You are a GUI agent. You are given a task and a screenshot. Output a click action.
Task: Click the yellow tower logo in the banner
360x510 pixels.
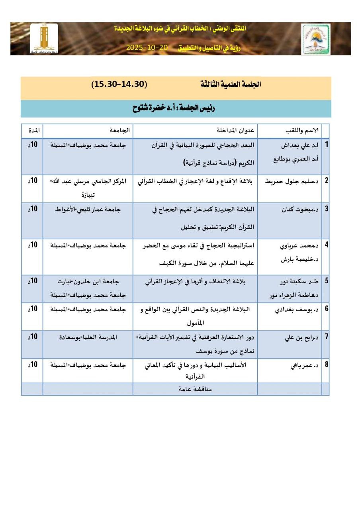point(44,39)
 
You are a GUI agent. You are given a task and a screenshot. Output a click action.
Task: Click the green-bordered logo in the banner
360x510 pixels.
point(315,39)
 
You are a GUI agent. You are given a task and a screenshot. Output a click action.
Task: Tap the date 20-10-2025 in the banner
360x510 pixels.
point(147,47)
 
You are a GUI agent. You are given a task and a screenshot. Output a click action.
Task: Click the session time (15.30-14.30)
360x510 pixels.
point(119,84)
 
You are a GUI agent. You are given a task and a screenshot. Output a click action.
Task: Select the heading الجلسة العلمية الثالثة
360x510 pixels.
point(231,84)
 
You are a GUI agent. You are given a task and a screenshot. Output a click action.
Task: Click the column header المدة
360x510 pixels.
point(33,131)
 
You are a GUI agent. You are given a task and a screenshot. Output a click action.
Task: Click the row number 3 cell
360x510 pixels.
point(326,209)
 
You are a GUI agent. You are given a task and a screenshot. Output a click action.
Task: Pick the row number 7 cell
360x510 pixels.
point(326,337)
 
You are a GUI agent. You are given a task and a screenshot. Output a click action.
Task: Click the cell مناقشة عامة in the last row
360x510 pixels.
point(195,389)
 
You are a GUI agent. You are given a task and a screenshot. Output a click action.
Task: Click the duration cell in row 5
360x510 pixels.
point(32,281)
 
